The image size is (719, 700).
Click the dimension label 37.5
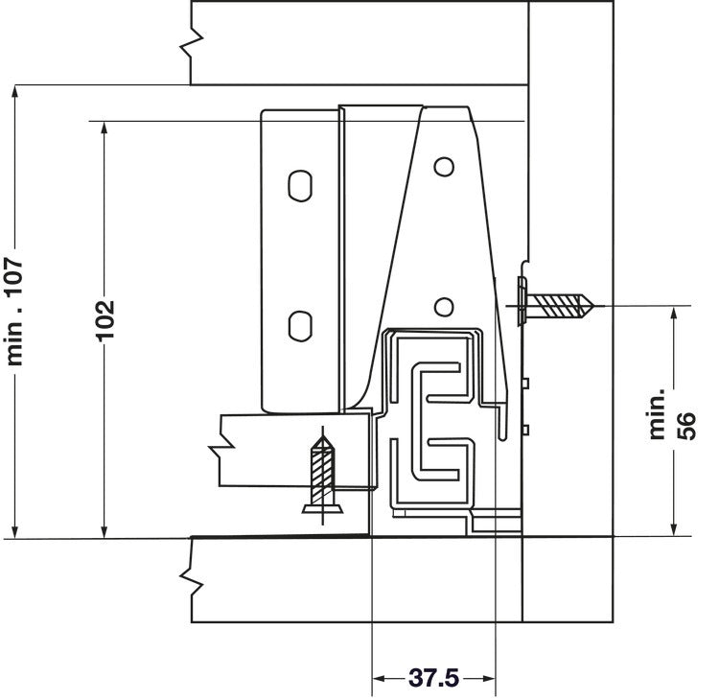pos(433,678)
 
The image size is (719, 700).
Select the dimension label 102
pos(105,320)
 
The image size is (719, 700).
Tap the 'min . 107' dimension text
pos(14,313)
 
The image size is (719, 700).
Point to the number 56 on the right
pos(686,426)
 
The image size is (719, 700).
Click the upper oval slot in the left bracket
pos(300,186)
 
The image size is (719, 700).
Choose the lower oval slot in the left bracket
pos(300,326)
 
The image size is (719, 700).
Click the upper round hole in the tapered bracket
pos(444,167)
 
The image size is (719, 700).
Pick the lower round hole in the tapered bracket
pos(444,307)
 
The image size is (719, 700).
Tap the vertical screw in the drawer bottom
pos(322,475)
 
